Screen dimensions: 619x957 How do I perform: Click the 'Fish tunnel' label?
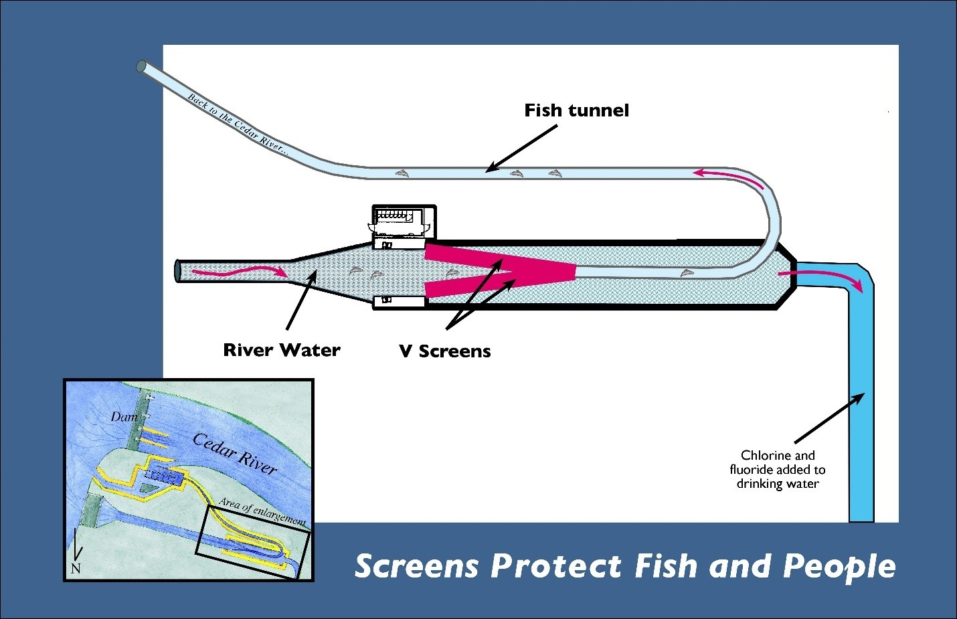[576, 110]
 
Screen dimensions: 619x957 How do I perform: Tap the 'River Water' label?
[282, 350]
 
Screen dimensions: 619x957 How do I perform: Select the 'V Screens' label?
[445, 351]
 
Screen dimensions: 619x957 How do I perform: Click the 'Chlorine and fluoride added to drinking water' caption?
[778, 469]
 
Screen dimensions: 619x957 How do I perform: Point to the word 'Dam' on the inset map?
[124, 417]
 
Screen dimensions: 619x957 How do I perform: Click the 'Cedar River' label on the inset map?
[234, 452]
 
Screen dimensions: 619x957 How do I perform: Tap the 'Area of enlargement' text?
[262, 512]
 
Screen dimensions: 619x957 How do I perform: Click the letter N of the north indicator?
[76, 569]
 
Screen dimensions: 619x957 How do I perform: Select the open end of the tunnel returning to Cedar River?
[141, 66]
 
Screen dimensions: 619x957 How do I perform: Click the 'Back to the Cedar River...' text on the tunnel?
[238, 125]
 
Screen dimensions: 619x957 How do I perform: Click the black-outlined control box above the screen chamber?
[404, 221]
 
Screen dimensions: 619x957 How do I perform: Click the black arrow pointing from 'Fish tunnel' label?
[521, 148]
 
